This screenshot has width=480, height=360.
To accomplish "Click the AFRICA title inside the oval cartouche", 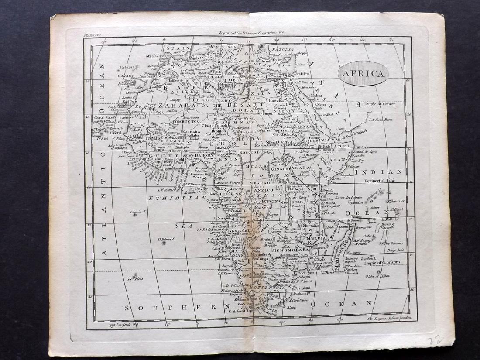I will coord(363,73).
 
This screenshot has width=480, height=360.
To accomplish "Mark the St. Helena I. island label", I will coord(166,239).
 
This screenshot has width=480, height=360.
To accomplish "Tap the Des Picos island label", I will coord(135,278).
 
